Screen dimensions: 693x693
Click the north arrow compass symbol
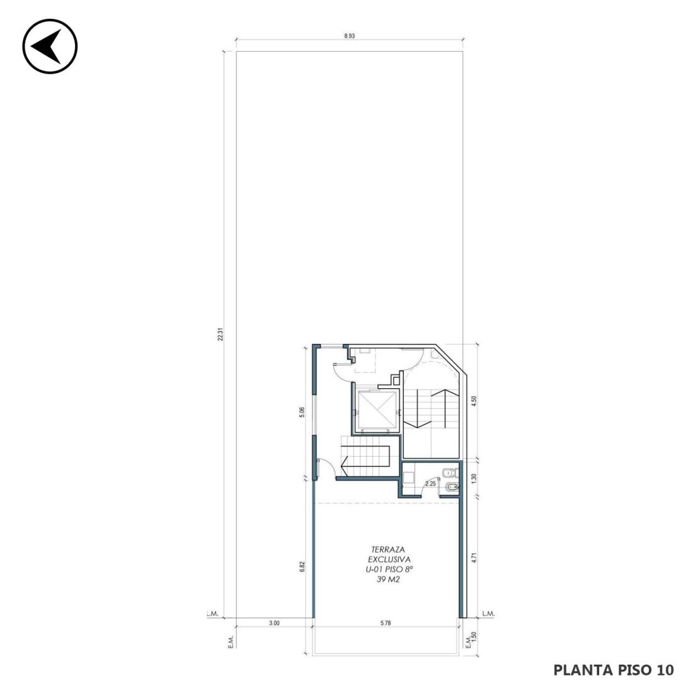tap(50, 46)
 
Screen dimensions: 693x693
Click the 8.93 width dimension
tap(349, 37)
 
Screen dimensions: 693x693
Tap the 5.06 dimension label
tap(302, 413)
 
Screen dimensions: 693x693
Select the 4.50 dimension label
tap(474, 401)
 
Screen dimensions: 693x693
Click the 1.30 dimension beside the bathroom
tap(474, 478)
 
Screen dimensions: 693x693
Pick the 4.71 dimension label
tap(474, 558)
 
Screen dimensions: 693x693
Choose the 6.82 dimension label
tap(302, 567)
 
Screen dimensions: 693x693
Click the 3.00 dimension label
tap(274, 623)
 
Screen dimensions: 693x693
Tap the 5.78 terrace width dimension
tap(386, 623)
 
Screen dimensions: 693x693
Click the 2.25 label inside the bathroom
tap(430, 484)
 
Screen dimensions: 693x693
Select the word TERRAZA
tap(389, 550)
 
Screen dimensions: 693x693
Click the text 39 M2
tap(388, 580)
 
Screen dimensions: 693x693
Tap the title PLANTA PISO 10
tap(614, 670)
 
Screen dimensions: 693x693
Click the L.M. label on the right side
tap(488, 614)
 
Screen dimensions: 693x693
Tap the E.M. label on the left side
tap(231, 642)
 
